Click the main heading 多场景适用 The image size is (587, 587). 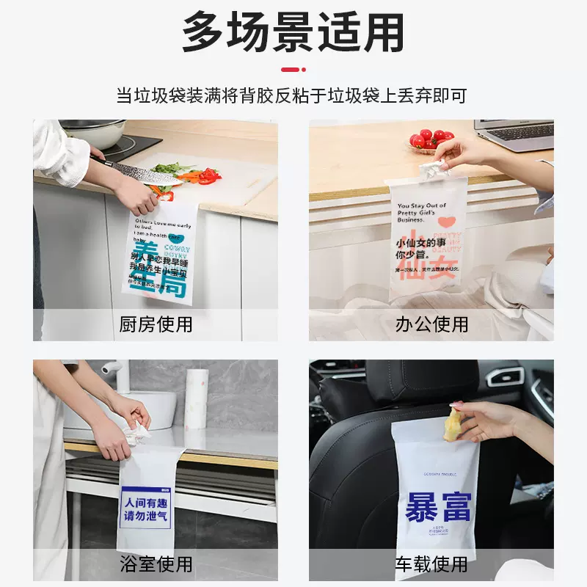tap(293, 32)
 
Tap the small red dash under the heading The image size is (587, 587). tap(293, 70)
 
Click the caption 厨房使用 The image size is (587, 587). tap(156, 324)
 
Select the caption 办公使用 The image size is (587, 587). tap(431, 324)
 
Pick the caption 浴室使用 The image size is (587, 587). tap(156, 564)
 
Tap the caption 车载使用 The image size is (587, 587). tap(431, 564)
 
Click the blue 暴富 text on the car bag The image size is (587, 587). tap(439, 507)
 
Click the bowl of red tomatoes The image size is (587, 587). tap(431, 139)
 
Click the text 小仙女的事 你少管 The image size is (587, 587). tap(422, 247)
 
